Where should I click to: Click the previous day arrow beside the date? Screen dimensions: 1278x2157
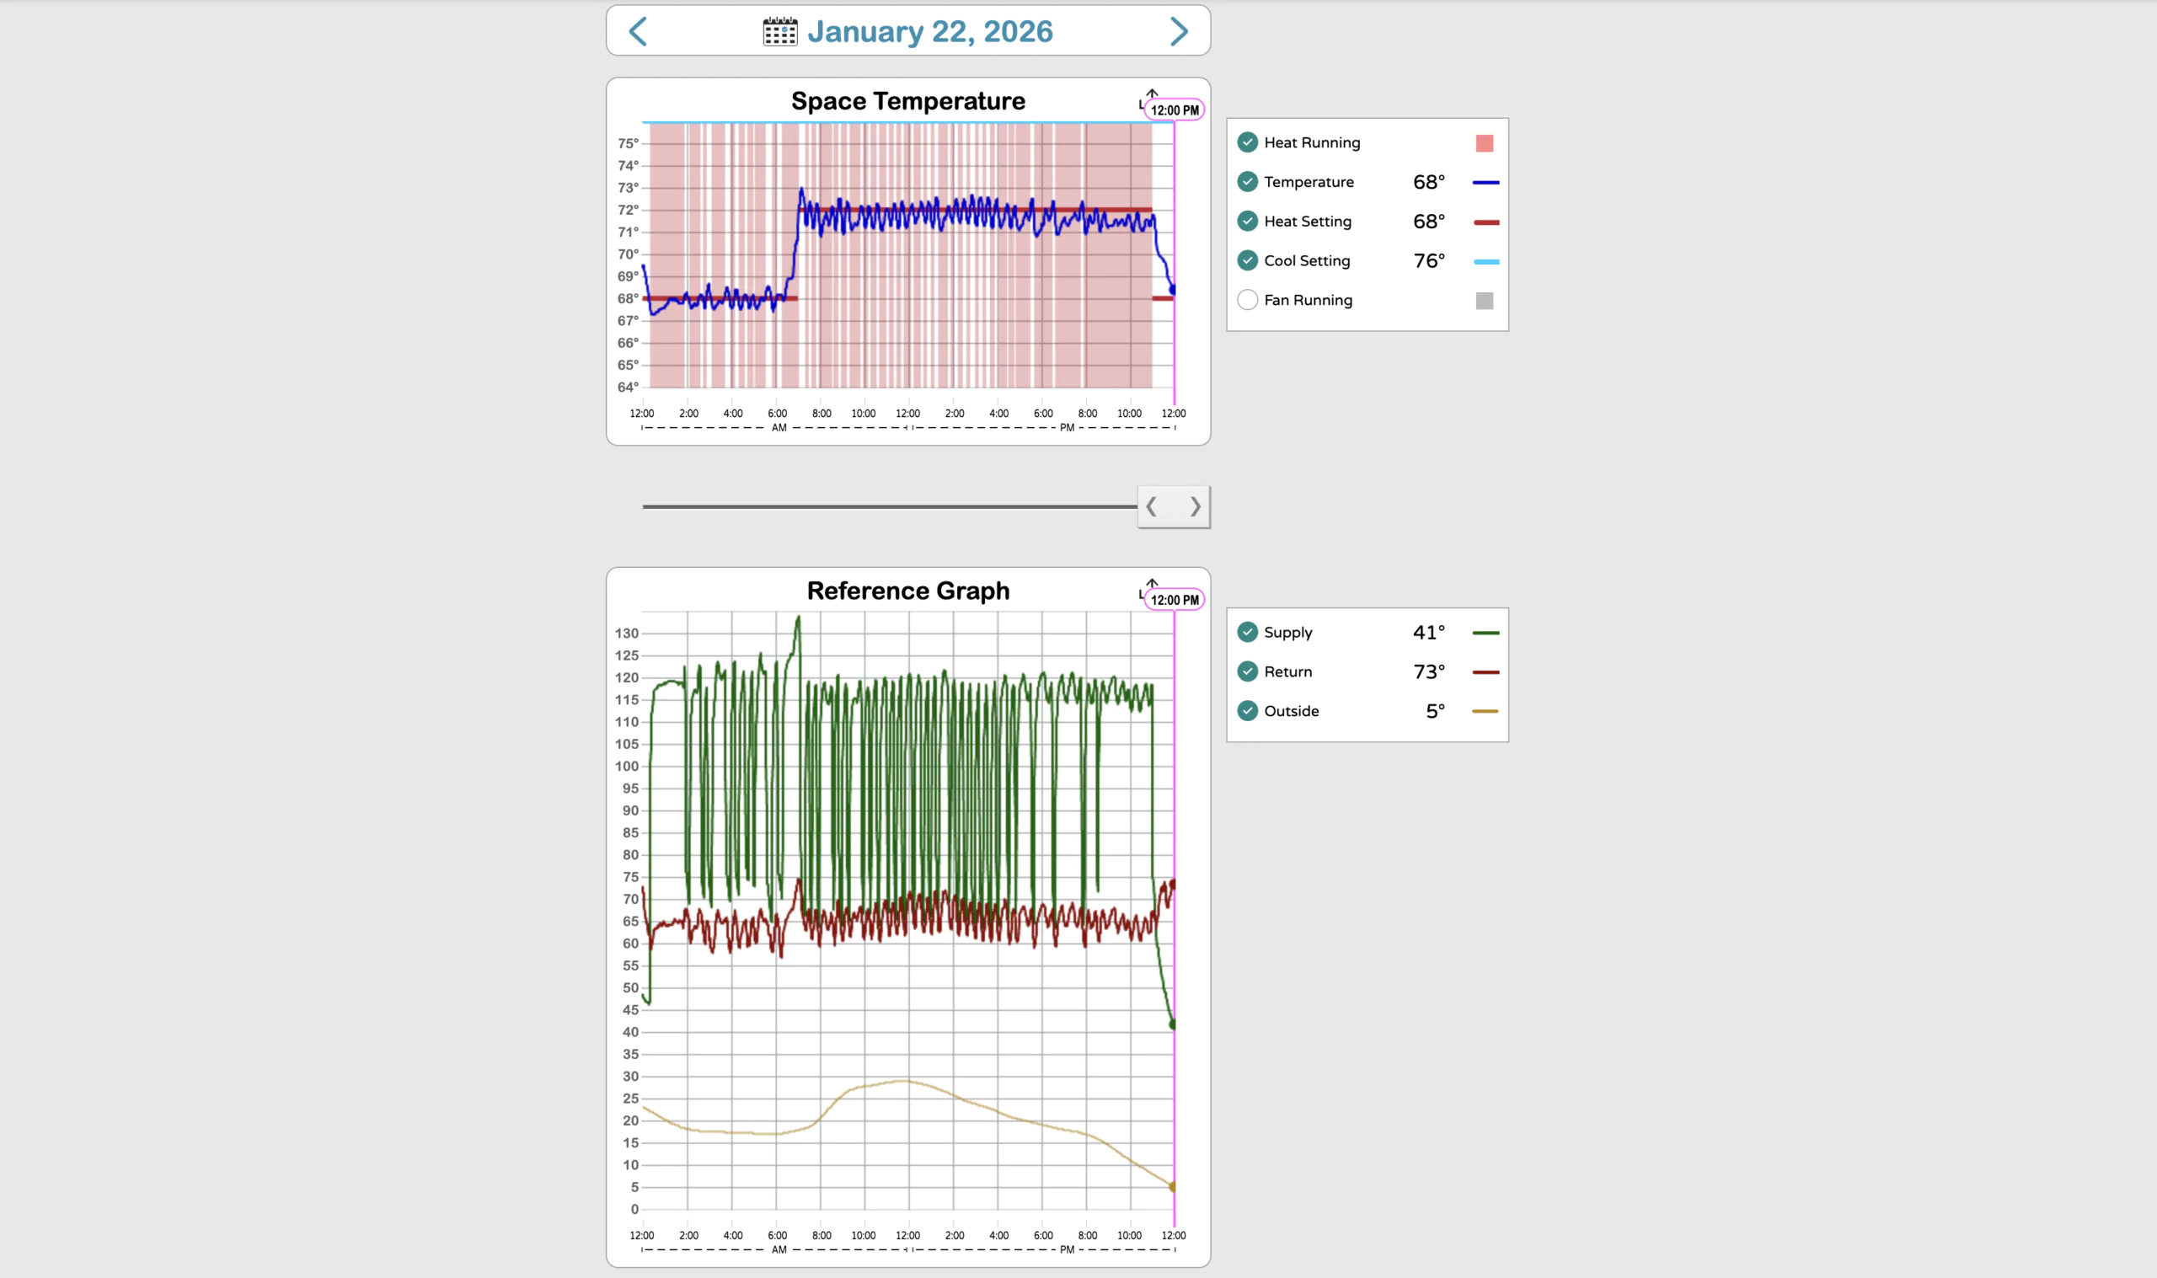[x=638, y=32]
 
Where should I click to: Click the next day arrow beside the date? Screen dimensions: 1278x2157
[x=1179, y=32]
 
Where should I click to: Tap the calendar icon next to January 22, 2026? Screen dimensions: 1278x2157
[x=780, y=32]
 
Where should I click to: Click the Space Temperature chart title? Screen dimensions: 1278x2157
[x=907, y=102]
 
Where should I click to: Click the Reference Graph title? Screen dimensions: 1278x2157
[x=907, y=591]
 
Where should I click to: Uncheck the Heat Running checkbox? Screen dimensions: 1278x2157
[x=1247, y=142]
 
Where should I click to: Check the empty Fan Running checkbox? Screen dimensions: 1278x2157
[x=1247, y=300]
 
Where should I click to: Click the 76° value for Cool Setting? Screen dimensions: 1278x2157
[x=1428, y=261]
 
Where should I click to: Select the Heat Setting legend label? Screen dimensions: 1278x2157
[x=1307, y=222]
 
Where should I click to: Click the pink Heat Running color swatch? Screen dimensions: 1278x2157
[x=1484, y=143]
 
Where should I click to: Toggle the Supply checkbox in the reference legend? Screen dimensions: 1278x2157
[x=1247, y=632]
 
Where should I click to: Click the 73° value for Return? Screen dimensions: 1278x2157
[x=1428, y=671]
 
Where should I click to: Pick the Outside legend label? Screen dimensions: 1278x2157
[x=1291, y=711]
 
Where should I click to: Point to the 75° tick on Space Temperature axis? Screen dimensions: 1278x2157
[x=628, y=143]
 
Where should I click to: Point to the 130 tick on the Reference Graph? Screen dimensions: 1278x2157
[x=626, y=633]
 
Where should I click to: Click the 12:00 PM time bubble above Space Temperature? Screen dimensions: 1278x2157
[x=1175, y=110]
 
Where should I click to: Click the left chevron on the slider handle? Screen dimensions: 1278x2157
[x=1151, y=506]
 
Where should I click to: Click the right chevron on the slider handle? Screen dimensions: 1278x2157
[x=1195, y=506]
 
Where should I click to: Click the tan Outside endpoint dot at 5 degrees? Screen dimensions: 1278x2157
[x=1173, y=1187]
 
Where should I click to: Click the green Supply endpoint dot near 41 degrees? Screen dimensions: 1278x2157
[x=1173, y=1024]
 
